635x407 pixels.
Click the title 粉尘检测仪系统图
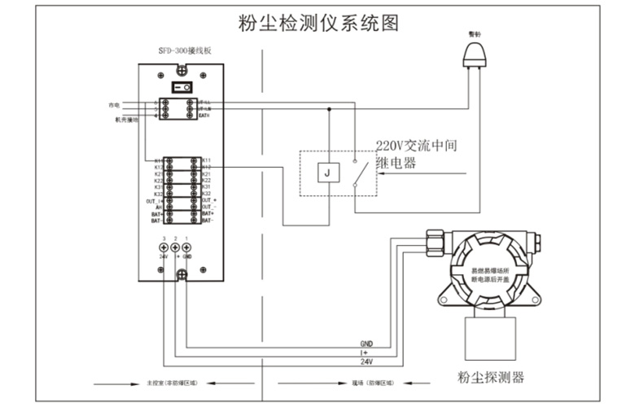[x=318, y=22]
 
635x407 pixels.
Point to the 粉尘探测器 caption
[x=491, y=377]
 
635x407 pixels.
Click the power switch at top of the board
[x=182, y=86]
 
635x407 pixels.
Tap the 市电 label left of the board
[x=114, y=105]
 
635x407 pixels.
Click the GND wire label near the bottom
[x=366, y=344]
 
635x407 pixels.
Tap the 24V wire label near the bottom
[x=366, y=361]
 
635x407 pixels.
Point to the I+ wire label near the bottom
[x=366, y=352]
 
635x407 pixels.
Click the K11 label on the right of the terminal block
[x=206, y=160]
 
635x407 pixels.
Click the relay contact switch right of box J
[x=357, y=173]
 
